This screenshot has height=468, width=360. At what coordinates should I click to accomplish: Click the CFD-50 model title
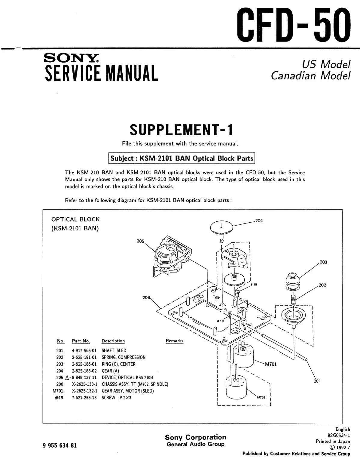coord(294,25)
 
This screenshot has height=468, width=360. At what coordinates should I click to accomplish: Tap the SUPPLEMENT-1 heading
coord(181,130)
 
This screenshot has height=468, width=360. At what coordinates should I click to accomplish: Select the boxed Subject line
coord(181,158)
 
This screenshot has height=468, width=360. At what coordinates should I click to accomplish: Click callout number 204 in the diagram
coord(259,221)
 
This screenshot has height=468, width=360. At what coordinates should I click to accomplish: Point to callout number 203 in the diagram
coord(323,262)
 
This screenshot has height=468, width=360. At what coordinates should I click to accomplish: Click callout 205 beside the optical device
coord(140,241)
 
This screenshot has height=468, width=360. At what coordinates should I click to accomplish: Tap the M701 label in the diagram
coord(270,364)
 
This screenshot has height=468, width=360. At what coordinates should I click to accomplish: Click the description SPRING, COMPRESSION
coord(124,357)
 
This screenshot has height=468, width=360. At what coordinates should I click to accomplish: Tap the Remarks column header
coord(174,341)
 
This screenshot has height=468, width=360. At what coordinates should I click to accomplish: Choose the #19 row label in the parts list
coord(59,398)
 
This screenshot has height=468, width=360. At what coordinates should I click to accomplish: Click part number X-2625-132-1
coord(85,391)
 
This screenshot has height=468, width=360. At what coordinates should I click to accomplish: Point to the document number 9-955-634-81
coord(60,445)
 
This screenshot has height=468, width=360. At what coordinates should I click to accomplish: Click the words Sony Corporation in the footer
coord(196,437)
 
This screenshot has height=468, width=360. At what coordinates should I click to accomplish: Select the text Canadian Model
coord(310,75)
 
